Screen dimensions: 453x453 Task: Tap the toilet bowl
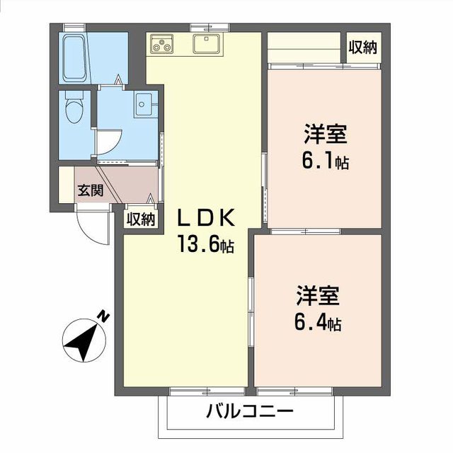(73, 109)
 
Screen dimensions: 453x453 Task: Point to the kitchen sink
(207, 45)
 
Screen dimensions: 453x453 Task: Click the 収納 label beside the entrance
(140, 219)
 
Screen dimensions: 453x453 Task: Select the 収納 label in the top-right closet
(362, 47)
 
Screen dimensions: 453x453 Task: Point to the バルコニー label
(250, 411)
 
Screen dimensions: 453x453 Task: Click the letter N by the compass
(103, 316)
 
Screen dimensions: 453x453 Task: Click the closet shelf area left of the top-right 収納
(305, 47)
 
